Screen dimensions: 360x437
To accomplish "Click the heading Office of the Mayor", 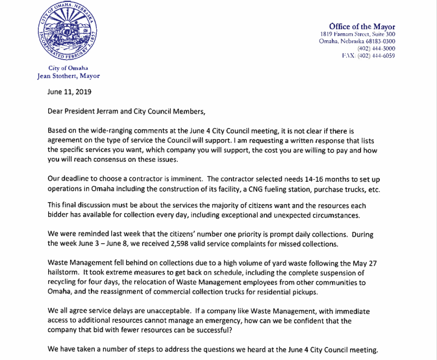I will coord(362,26).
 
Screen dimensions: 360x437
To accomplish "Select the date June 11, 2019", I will coord(70,92).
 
